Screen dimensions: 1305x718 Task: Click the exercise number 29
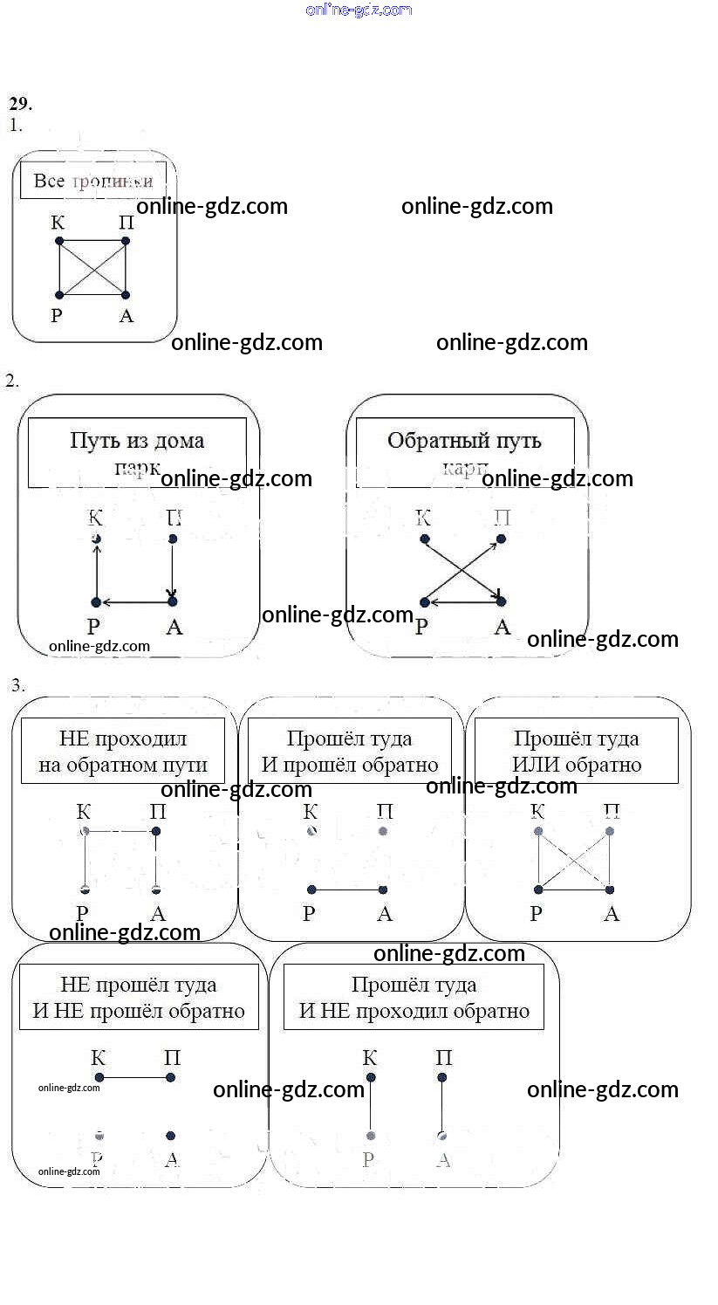[21, 104]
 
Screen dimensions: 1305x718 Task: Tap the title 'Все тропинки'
[92, 181]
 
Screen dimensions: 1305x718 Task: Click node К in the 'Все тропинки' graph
[58, 241]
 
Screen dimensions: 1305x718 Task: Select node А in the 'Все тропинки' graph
[126, 295]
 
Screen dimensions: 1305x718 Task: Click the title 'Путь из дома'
[137, 440]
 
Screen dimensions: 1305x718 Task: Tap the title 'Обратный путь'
[464, 440]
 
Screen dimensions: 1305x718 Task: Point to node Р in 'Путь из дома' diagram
[96, 602]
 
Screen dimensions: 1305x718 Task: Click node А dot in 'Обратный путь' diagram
[501, 601]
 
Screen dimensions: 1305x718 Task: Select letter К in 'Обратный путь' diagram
[423, 518]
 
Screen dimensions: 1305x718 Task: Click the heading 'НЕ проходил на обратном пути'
[123, 752]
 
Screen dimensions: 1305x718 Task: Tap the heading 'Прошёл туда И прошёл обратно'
[350, 752]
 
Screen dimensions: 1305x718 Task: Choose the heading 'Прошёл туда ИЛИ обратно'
[577, 752]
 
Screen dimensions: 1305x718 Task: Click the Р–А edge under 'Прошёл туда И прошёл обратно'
[347, 890]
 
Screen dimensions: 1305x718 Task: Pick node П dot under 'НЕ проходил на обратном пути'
[156, 832]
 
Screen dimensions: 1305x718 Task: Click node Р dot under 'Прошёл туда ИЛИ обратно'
[538, 890]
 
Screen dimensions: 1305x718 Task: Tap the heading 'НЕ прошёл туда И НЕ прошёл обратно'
[139, 998]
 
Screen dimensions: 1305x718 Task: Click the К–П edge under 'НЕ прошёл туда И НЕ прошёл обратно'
[135, 1078]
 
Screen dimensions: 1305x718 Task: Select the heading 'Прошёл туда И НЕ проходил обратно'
[414, 998]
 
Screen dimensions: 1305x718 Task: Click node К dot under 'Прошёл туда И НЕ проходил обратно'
[371, 1078]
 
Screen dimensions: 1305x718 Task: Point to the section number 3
[17, 686]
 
